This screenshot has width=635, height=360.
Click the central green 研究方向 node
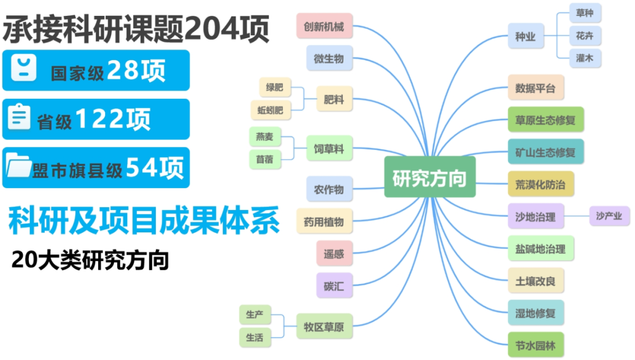pyautogui.click(x=429, y=177)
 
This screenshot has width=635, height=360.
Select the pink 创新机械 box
pyautogui.click(x=325, y=26)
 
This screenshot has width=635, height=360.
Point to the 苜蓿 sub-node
pyautogui.click(x=265, y=158)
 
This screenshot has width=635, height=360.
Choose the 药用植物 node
pyautogui.click(x=324, y=222)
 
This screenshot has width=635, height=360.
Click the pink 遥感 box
pyautogui.click(x=334, y=254)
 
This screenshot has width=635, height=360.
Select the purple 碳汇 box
pyautogui.click(x=334, y=286)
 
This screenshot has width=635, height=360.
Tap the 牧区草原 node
pyautogui.click(x=324, y=326)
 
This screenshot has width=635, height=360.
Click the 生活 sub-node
pyautogui.click(x=255, y=337)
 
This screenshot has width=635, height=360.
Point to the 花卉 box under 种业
pyautogui.click(x=585, y=36)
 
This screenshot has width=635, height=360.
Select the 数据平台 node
pyautogui.click(x=536, y=88)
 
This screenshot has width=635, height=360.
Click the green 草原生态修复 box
pyautogui.click(x=546, y=121)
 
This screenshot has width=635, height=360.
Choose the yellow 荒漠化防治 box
pyautogui.click(x=540, y=184)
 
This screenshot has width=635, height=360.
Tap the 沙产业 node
pyautogui.click(x=609, y=216)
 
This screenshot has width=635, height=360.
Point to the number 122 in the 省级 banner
pyautogui.click(x=100, y=119)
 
